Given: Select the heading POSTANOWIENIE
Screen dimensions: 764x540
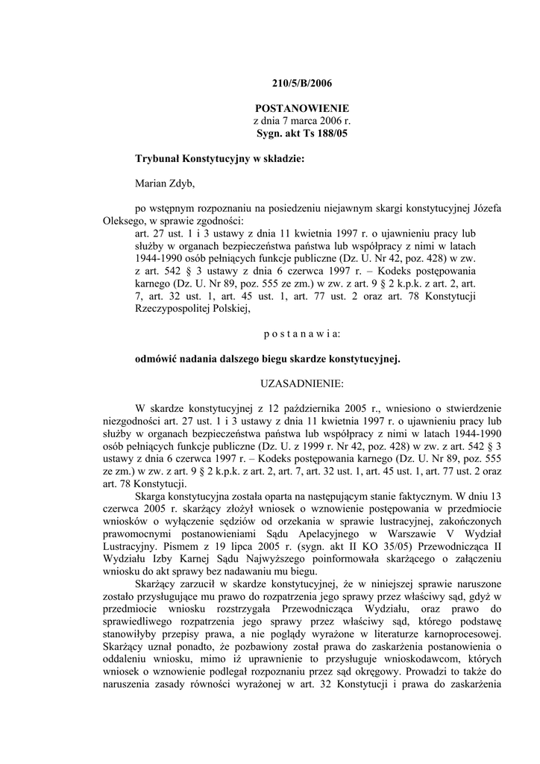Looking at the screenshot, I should (301, 108).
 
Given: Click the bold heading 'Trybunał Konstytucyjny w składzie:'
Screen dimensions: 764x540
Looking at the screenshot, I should (219, 159).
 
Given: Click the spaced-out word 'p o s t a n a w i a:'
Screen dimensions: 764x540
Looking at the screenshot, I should (301, 334).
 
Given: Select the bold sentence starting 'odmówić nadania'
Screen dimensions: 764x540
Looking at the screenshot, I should (267, 359).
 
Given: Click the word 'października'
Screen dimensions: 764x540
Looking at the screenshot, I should (326, 409).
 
